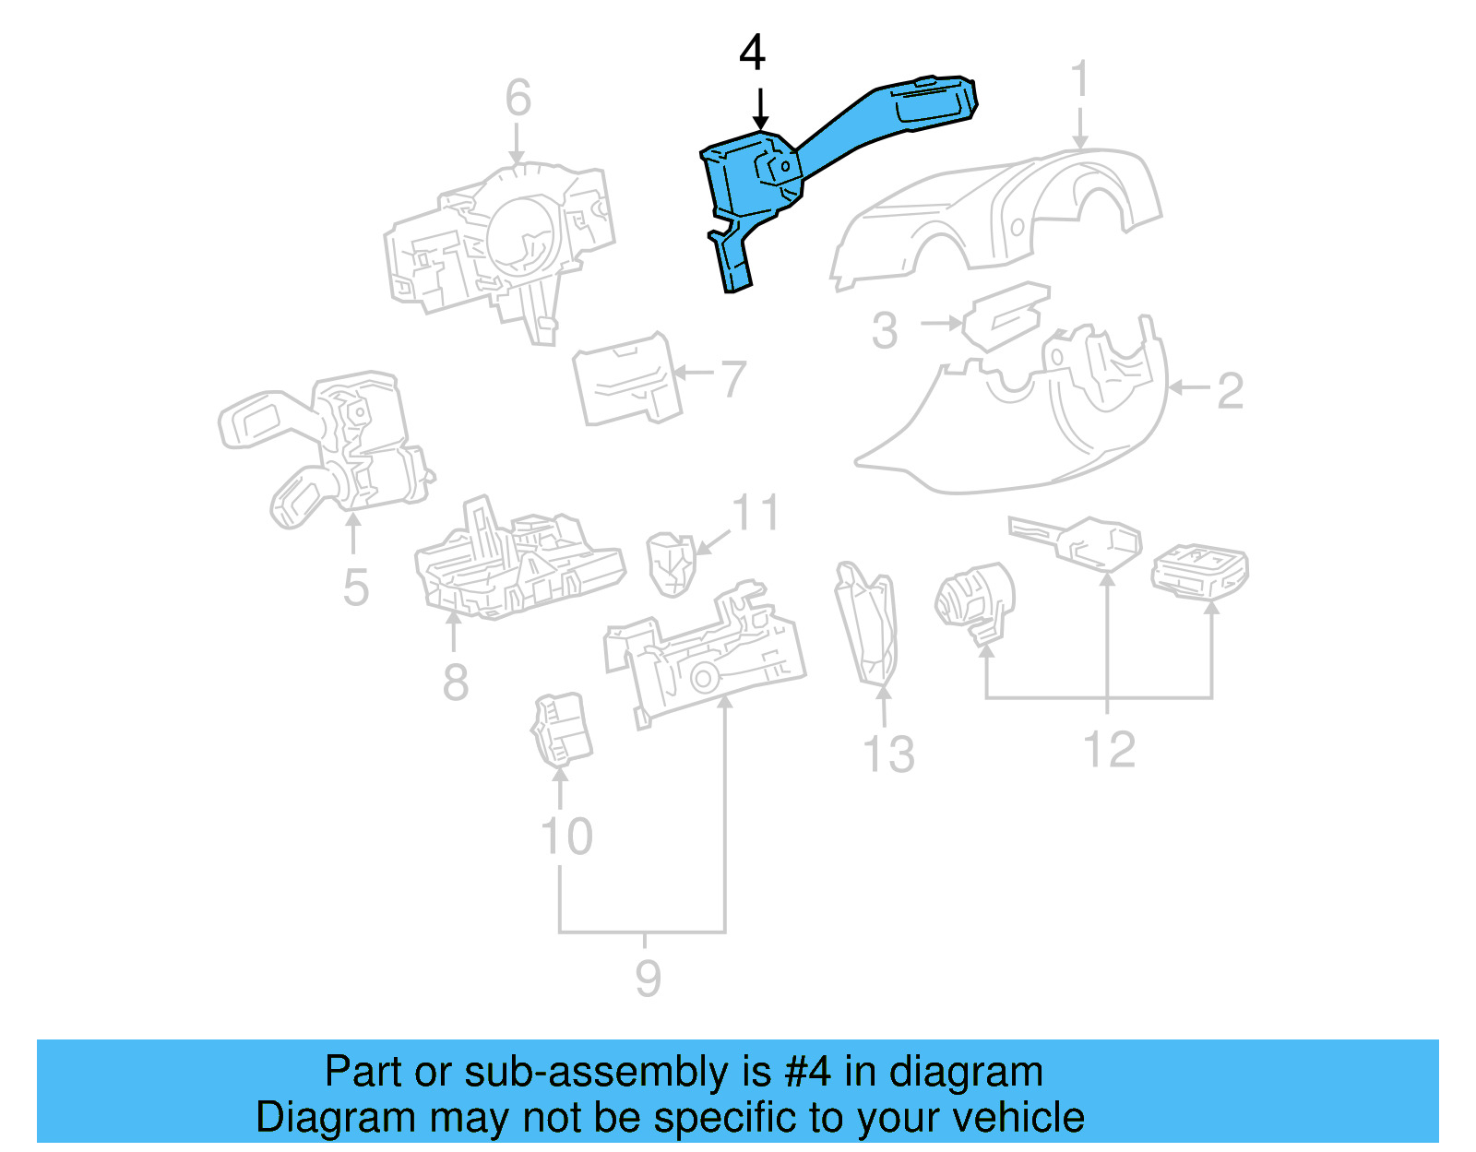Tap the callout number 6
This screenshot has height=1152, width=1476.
point(518,98)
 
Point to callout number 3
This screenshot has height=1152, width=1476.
point(884,330)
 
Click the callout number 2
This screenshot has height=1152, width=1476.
point(1230,391)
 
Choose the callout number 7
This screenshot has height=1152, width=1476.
point(733,378)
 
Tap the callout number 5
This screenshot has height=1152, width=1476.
point(356,588)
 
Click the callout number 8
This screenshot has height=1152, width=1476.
point(455,683)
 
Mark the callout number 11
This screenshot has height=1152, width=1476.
point(756,513)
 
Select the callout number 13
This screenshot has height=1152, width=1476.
point(888,754)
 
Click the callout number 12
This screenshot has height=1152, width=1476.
point(1109,749)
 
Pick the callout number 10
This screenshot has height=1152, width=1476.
point(565,837)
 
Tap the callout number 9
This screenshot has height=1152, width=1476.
point(648,978)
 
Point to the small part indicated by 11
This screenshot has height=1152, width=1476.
point(671,564)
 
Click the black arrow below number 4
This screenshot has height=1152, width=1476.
point(760,109)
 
